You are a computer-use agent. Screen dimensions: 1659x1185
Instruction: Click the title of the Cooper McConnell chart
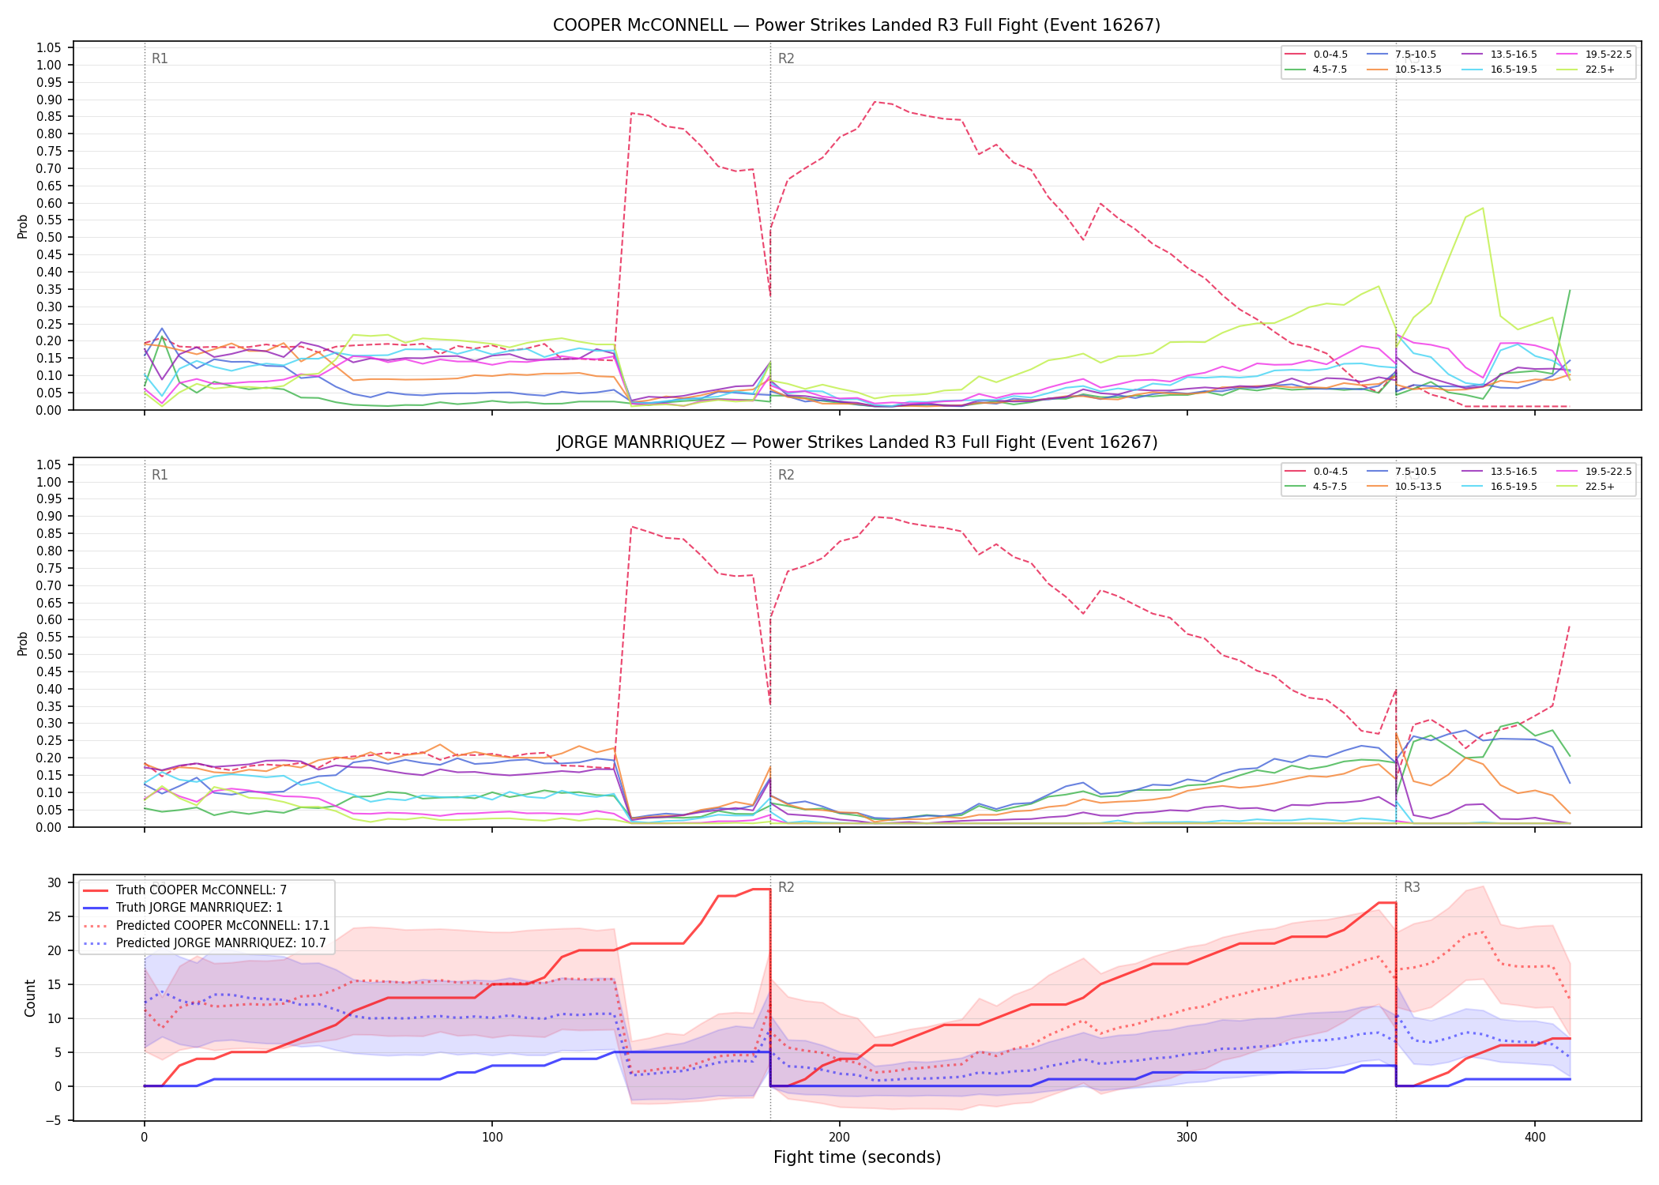[x=856, y=25]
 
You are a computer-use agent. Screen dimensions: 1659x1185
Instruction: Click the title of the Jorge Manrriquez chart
[x=856, y=442]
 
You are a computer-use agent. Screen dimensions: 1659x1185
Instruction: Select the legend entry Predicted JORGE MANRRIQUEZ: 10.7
[x=206, y=942]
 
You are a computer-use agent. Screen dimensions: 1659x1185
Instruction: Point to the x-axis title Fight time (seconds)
[x=857, y=1157]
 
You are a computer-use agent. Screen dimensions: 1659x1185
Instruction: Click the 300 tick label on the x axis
[x=1187, y=1138]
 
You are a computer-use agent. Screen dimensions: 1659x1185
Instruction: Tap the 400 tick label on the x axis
[x=1534, y=1138]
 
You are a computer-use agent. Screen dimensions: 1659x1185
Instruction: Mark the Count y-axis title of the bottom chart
[x=30, y=998]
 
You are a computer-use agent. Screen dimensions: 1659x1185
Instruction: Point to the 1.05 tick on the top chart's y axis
[x=49, y=48]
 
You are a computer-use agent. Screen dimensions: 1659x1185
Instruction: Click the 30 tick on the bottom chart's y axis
[x=54, y=883]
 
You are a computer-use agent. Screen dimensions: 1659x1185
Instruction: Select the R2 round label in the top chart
[x=786, y=58]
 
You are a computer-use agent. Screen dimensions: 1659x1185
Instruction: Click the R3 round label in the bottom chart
[x=1412, y=887]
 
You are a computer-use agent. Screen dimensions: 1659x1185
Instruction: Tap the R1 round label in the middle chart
[x=160, y=475]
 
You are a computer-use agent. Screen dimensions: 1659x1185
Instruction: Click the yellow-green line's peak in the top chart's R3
[x=1483, y=209]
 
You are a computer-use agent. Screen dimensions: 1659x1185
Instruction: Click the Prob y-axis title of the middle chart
[x=22, y=643]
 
